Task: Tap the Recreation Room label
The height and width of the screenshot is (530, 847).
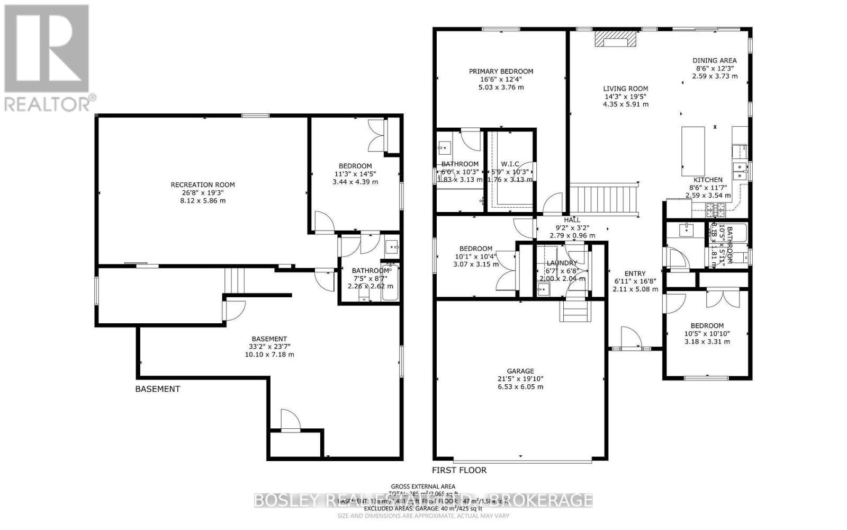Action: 203,185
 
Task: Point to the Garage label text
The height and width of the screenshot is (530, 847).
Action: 520,371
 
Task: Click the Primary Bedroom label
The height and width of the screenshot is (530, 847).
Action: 501,71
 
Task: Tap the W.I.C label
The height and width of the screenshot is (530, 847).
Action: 510,164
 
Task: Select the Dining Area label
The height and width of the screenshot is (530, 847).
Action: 715,60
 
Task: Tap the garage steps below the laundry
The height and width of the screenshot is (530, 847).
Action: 575,311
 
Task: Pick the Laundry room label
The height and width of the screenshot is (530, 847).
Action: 562,263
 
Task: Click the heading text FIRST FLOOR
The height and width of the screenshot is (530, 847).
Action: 459,470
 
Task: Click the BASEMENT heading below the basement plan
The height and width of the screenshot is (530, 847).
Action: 158,389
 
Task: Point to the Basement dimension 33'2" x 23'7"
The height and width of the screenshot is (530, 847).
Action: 269,347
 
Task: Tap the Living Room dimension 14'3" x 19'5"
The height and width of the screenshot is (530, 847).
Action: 625,96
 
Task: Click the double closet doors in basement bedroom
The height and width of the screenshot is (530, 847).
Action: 380,136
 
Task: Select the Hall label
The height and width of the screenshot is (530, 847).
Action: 572,220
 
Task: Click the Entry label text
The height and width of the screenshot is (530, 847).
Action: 635,273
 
